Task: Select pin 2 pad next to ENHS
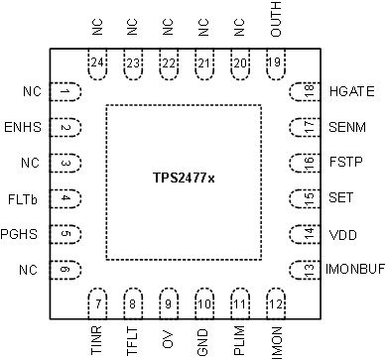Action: pos(65,128)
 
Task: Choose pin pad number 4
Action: pos(65,198)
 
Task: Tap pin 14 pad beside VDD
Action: pos(309,233)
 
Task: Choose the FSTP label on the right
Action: pos(344,163)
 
